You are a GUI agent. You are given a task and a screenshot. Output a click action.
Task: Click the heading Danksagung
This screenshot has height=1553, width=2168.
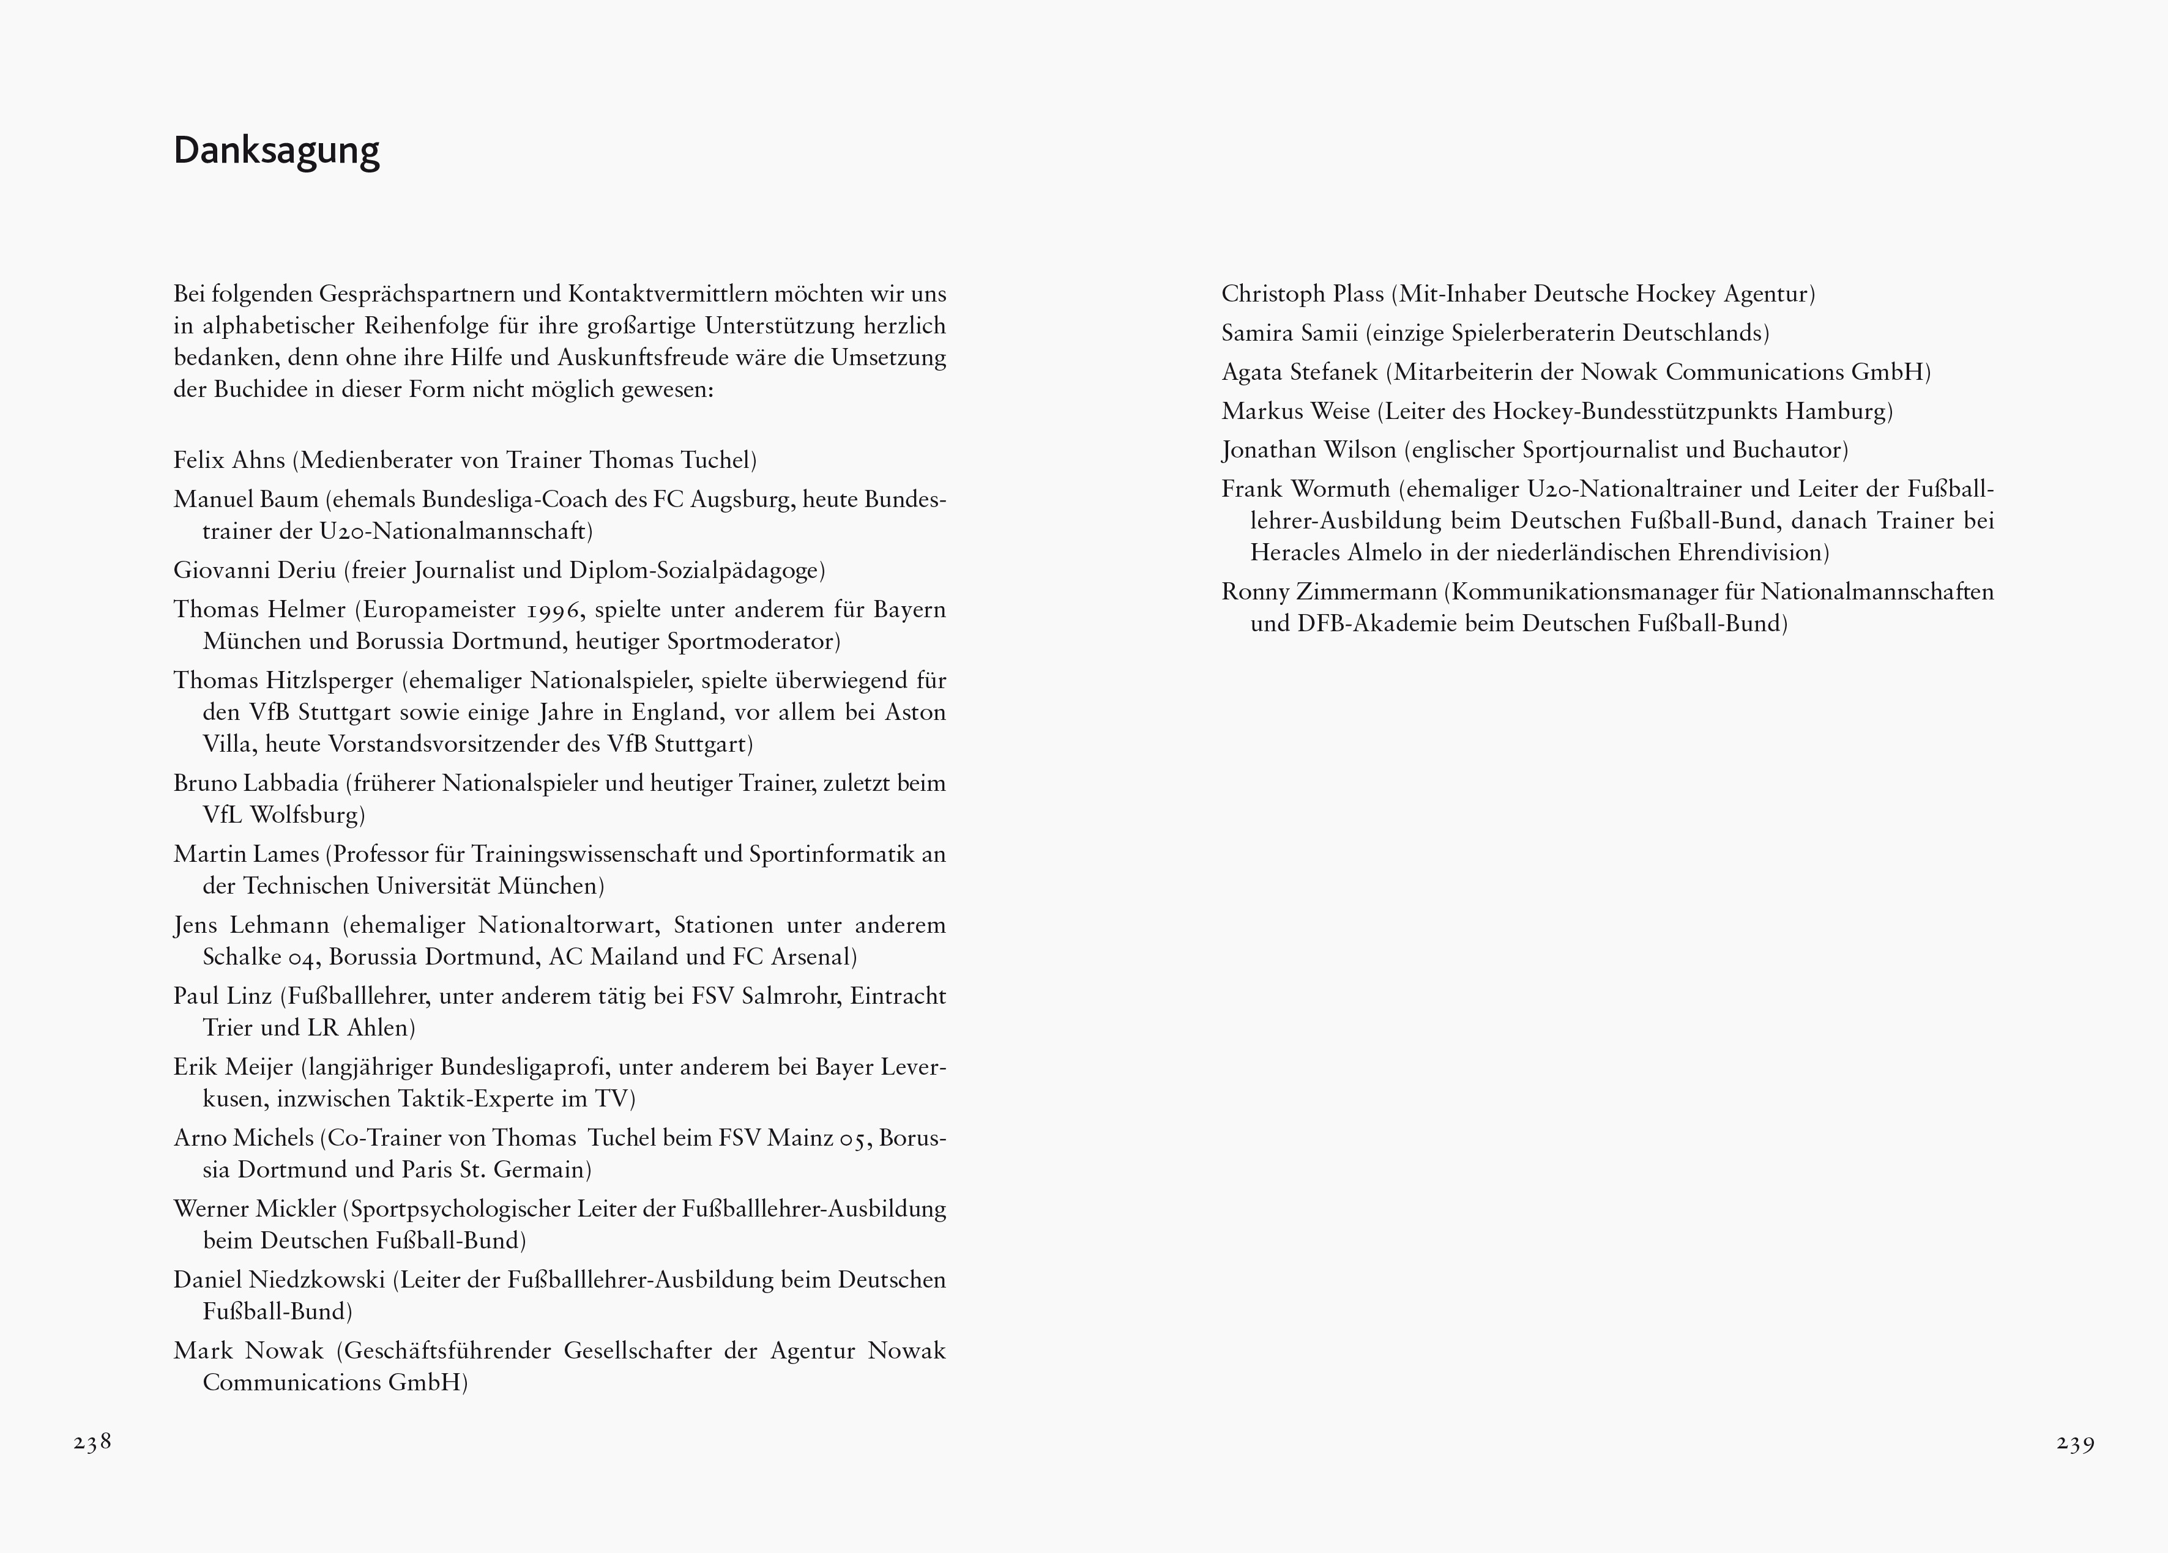[276, 152]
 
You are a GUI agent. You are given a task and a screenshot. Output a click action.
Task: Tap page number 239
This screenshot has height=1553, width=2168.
[2075, 1443]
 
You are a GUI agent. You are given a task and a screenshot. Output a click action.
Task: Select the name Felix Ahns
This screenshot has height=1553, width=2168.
[229, 461]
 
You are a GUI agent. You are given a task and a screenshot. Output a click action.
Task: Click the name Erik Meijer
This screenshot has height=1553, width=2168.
[233, 1067]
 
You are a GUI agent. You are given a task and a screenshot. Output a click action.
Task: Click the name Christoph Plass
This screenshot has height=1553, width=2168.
[1302, 294]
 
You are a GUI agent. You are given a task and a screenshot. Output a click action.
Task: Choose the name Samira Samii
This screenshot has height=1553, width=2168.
[1289, 333]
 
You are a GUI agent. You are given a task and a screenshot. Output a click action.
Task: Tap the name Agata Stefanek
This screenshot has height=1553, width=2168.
[1299, 372]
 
